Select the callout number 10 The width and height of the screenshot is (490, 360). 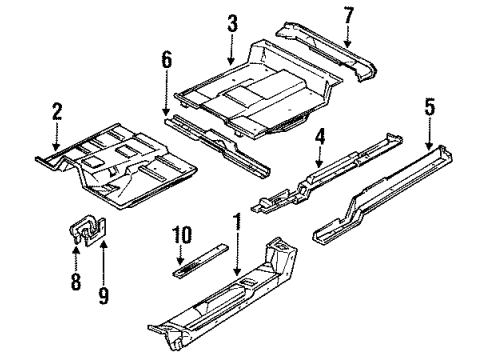tap(182, 235)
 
